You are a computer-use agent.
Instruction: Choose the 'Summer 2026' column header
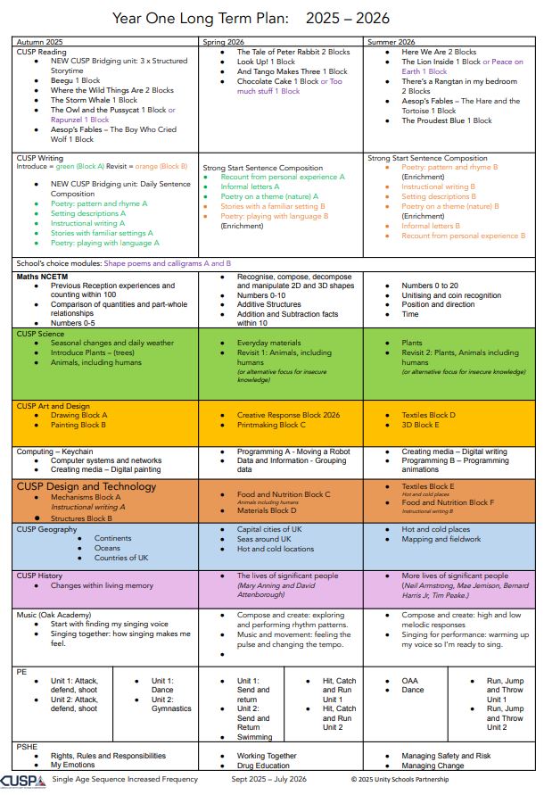point(392,42)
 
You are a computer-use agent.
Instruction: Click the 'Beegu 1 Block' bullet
point(76,79)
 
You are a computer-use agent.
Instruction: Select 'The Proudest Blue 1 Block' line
point(446,120)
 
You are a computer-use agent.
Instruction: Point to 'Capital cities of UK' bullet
point(270,529)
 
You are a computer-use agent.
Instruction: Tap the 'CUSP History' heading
point(40,576)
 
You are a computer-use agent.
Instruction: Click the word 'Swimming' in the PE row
point(254,737)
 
